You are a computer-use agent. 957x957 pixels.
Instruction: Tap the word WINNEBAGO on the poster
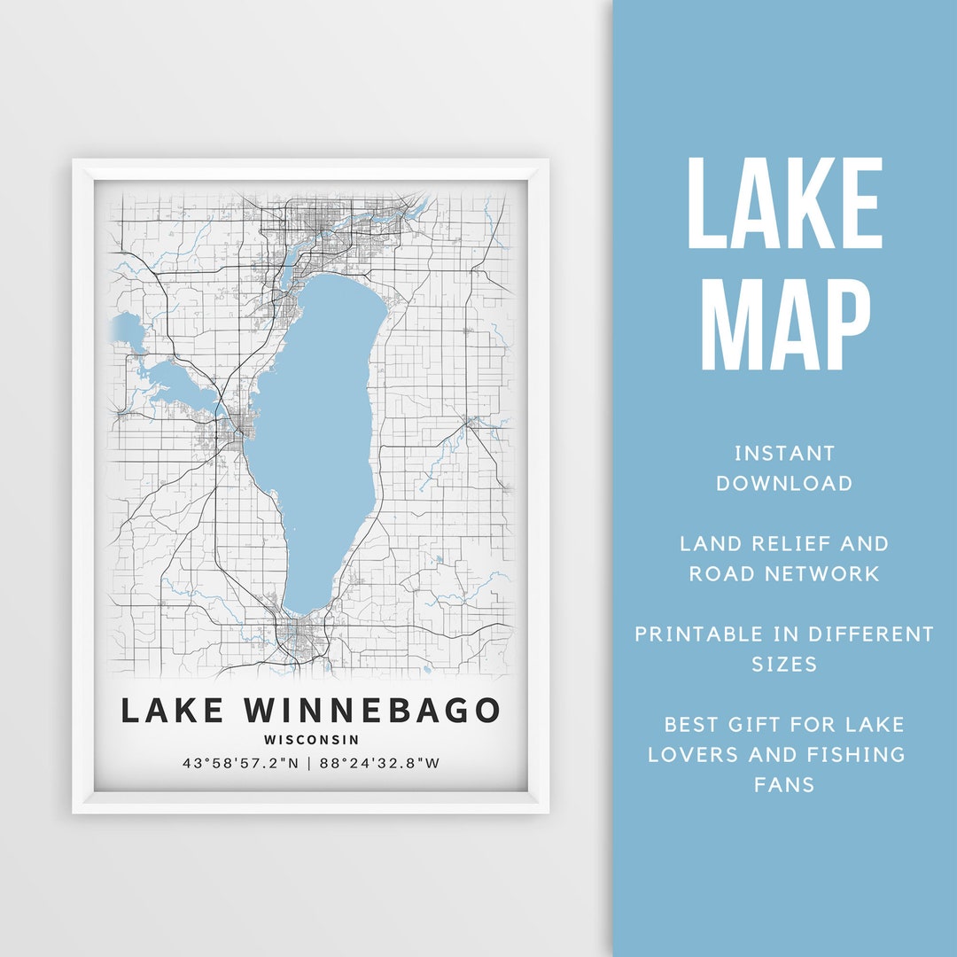coord(371,711)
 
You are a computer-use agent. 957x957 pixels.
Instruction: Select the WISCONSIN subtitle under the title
coord(311,739)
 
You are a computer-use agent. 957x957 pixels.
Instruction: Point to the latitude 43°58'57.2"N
coord(238,763)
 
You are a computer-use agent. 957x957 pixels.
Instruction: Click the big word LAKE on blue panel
coord(784,204)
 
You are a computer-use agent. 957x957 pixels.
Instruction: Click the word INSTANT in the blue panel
coord(784,454)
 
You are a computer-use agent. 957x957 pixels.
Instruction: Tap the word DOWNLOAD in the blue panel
coord(784,484)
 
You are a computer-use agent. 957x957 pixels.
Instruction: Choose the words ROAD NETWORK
coord(784,573)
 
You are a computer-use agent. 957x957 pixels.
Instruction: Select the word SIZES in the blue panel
coord(784,664)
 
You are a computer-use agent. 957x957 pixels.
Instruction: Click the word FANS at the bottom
coord(784,785)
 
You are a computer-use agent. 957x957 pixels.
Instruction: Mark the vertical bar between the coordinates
coord(309,763)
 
